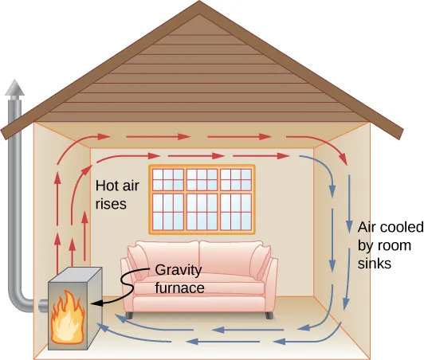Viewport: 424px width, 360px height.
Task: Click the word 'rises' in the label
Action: tap(111, 204)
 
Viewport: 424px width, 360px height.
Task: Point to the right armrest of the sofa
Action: tap(268, 283)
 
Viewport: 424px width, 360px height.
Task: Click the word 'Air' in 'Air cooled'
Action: tap(367, 226)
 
